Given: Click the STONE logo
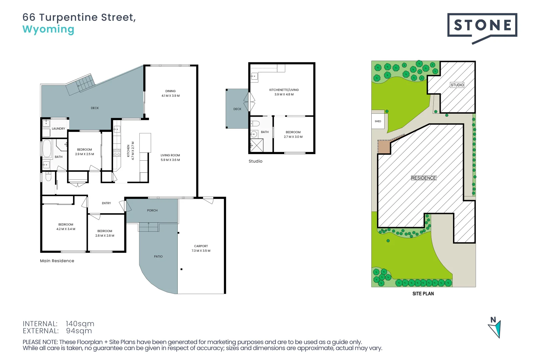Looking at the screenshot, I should (482, 26).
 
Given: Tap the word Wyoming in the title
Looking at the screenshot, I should (48, 29).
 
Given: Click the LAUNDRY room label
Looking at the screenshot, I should (58, 129).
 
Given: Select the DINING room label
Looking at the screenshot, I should (170, 91).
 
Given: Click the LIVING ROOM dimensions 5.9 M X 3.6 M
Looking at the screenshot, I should (170, 160).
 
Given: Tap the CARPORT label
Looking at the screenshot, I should (201, 246).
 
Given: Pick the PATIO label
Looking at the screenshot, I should (158, 257).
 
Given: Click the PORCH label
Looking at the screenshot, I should (152, 211).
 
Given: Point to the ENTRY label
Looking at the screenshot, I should (106, 203).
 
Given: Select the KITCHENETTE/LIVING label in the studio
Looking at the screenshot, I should (284, 90).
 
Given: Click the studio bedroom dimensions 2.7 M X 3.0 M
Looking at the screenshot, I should (293, 137).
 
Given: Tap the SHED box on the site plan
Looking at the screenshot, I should (378, 121).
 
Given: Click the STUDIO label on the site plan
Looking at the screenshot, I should (457, 85).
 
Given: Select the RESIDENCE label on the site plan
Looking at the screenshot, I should (424, 178).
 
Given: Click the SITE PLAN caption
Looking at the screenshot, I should (423, 294).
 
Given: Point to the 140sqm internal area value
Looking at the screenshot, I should (80, 324).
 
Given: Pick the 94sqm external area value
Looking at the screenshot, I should (79, 331).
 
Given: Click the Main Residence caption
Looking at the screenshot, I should (57, 261).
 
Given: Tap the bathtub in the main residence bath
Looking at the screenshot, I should (47, 149).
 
